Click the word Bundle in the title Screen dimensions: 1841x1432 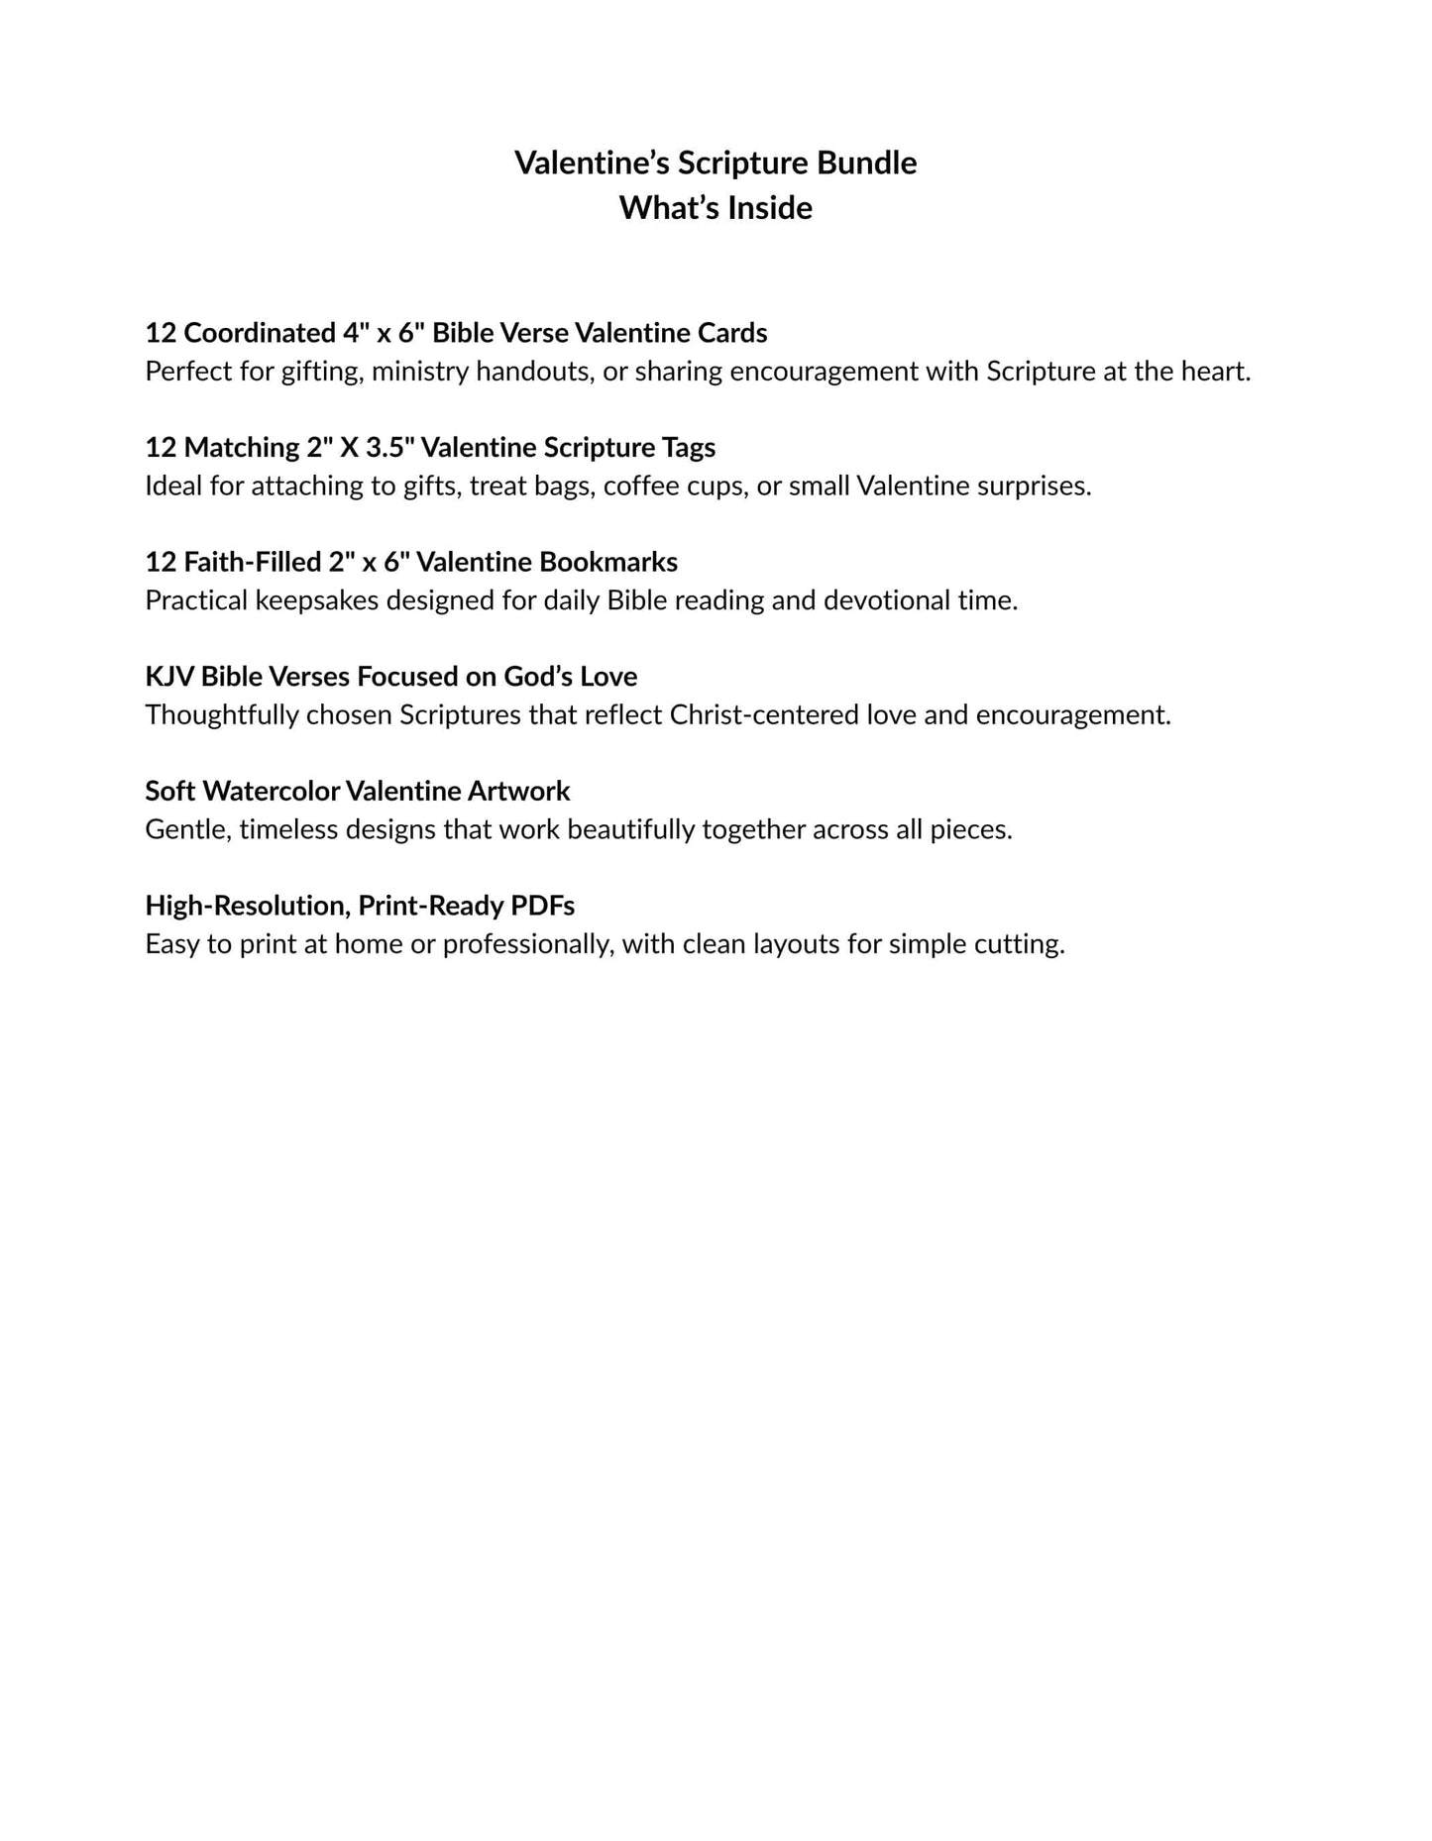pyautogui.click(x=867, y=162)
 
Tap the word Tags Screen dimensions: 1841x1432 pyautogui.click(x=689, y=448)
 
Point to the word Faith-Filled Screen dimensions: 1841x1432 pyautogui.click(x=253, y=563)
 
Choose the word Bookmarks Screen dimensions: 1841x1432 pyautogui.click(x=607, y=563)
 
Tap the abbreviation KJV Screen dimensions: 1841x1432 pyautogui.click(x=169, y=677)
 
